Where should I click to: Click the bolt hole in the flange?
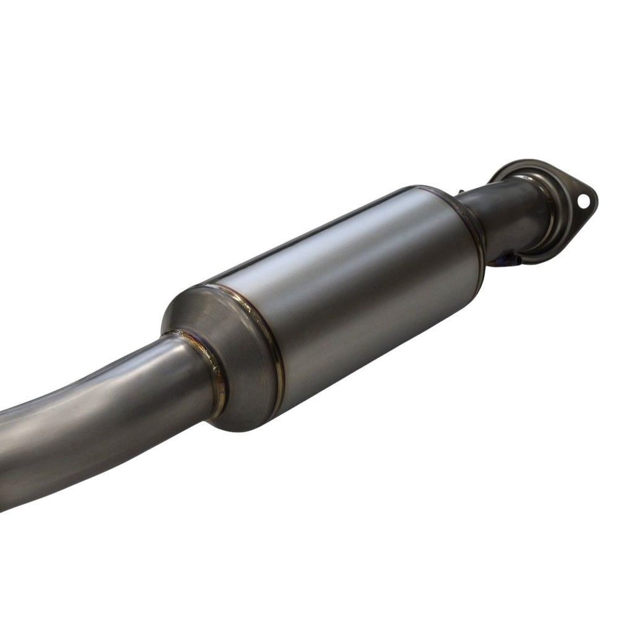point(583,201)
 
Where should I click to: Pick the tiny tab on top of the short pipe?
point(461,193)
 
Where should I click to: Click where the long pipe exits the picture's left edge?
point(4,458)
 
